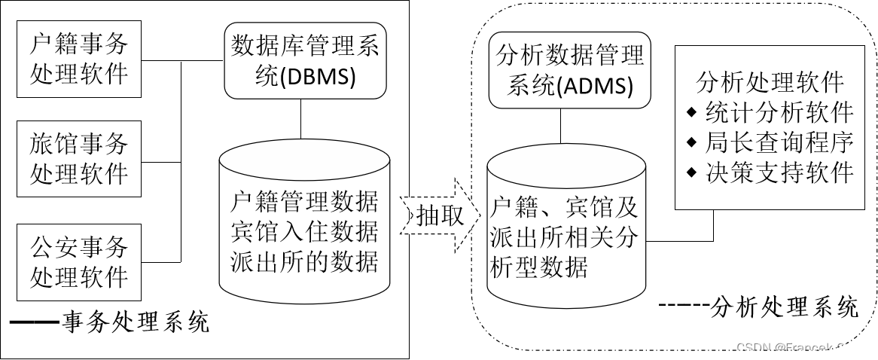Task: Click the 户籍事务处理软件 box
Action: pyautogui.click(x=78, y=59)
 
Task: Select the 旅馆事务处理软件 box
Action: pyautogui.click(x=78, y=160)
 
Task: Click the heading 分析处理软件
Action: pyautogui.click(x=770, y=81)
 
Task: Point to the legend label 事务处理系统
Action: pyautogui.click(x=136, y=323)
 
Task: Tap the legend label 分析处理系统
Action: pyautogui.click(x=783, y=307)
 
